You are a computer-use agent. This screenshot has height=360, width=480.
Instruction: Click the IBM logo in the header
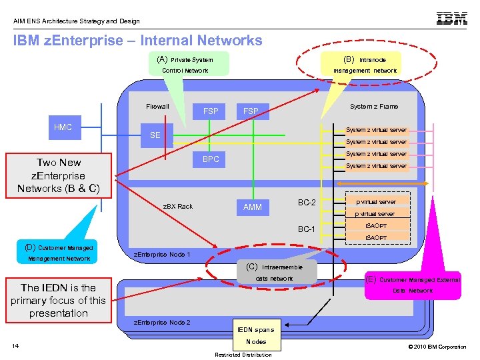[451, 19]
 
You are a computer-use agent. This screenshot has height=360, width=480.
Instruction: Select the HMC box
[63, 127]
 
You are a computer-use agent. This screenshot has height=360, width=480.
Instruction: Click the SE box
[155, 135]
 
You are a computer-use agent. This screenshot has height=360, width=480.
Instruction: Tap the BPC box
[211, 159]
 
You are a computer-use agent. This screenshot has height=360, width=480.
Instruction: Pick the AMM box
[253, 207]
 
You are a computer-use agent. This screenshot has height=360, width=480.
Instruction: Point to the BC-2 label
[307, 203]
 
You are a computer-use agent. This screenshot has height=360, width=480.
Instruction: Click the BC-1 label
[307, 229]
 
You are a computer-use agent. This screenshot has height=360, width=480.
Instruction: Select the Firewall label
[158, 107]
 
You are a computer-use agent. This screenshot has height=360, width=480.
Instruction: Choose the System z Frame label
[374, 107]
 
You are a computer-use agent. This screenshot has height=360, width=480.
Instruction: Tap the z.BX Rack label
[179, 207]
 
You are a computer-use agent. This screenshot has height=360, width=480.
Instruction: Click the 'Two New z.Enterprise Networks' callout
[59, 176]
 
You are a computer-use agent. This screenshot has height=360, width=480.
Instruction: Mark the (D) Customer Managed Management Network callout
[59, 253]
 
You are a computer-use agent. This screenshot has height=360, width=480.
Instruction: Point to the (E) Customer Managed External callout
[412, 285]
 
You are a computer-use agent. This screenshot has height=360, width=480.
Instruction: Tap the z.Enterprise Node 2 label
[163, 323]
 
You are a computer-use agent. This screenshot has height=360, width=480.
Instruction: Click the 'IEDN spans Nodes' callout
[256, 335]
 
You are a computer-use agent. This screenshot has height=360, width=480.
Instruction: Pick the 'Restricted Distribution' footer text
[243, 355]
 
